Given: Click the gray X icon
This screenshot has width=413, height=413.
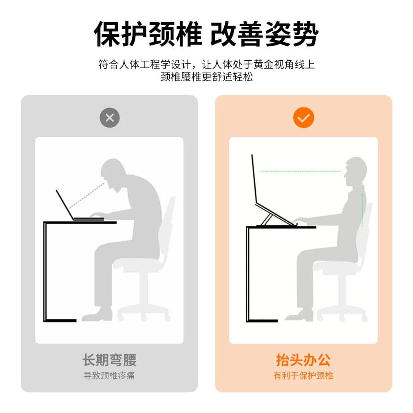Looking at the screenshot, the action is [x=109, y=118].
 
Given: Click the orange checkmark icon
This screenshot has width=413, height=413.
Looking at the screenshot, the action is [x=304, y=118].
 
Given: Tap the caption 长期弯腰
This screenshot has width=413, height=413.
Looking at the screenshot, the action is [x=109, y=360].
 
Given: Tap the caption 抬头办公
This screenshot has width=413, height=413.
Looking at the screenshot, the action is [x=303, y=360].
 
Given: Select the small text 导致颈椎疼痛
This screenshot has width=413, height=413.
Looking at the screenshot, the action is [x=109, y=375].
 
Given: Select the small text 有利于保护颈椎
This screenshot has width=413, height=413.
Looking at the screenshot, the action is [x=303, y=375].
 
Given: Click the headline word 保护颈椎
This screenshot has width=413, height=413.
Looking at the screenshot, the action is [x=148, y=34].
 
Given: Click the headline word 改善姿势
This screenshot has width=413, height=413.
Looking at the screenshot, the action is [x=264, y=34].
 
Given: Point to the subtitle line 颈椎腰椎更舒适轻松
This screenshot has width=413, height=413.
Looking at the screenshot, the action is [x=206, y=77].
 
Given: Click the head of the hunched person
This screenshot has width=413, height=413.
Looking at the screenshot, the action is [x=113, y=172].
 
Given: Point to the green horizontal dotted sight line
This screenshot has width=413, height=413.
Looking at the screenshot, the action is [x=301, y=171].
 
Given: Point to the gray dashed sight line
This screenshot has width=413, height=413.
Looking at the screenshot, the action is [x=87, y=195].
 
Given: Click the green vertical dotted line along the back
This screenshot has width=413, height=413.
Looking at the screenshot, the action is [x=363, y=210].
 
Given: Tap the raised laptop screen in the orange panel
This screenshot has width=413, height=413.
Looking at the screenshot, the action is [x=254, y=179].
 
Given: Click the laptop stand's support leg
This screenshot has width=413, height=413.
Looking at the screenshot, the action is [x=266, y=220].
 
